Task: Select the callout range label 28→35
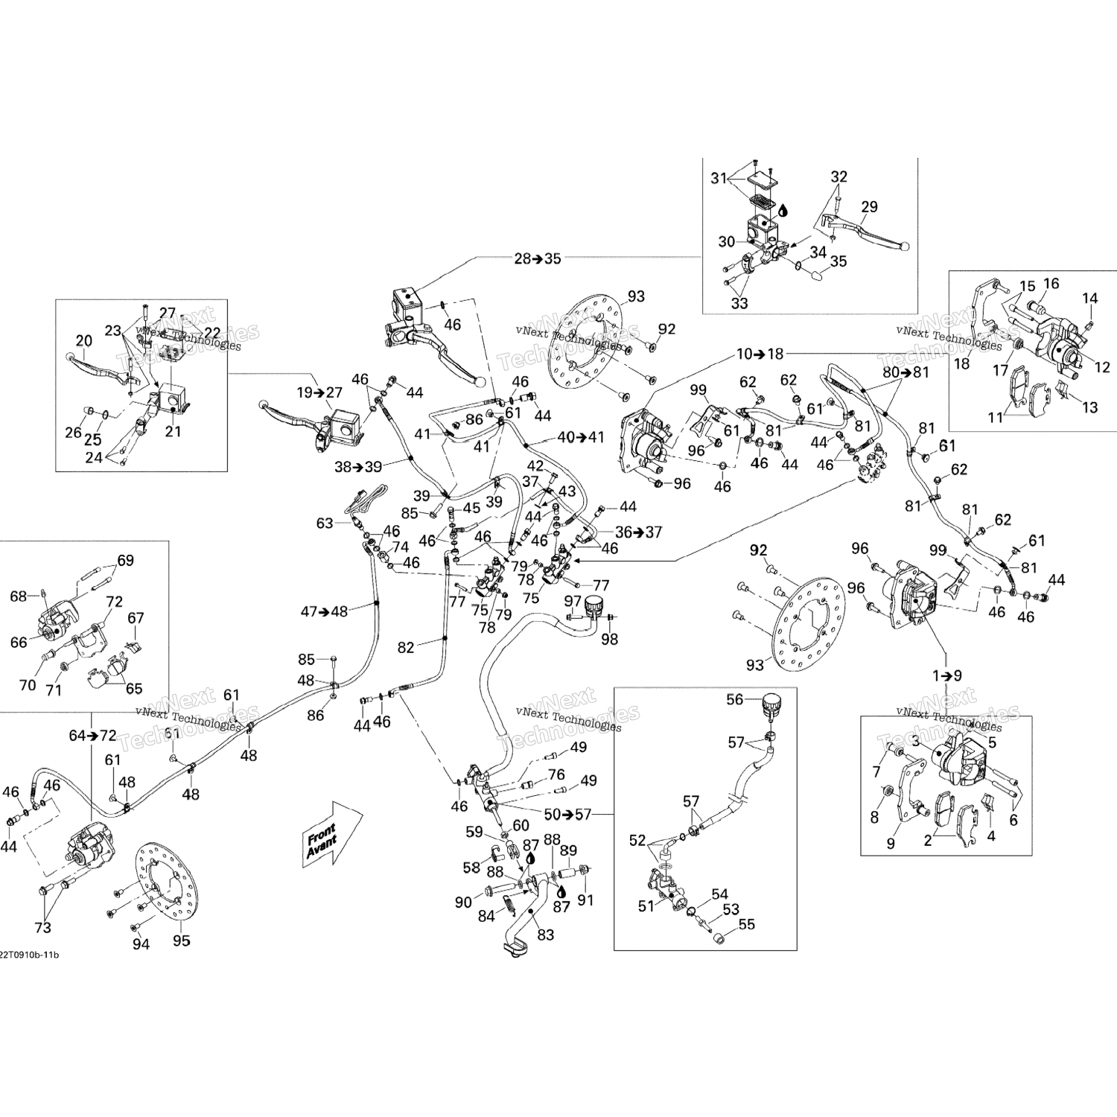(537, 258)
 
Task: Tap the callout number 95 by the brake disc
(181, 941)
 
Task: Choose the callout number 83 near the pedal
(546, 934)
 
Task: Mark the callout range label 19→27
(319, 392)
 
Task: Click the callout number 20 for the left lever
(83, 341)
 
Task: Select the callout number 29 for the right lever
(869, 206)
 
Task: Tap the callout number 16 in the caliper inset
(1051, 284)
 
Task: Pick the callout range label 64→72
(92, 736)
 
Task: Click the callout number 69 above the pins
(125, 560)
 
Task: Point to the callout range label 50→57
(567, 814)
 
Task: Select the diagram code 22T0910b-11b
(29, 954)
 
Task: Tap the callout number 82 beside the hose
(405, 648)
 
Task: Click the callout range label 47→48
(324, 611)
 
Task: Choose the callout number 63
(324, 523)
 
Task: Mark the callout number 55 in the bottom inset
(746, 924)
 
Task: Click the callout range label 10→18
(760, 354)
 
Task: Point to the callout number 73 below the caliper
(42, 927)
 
